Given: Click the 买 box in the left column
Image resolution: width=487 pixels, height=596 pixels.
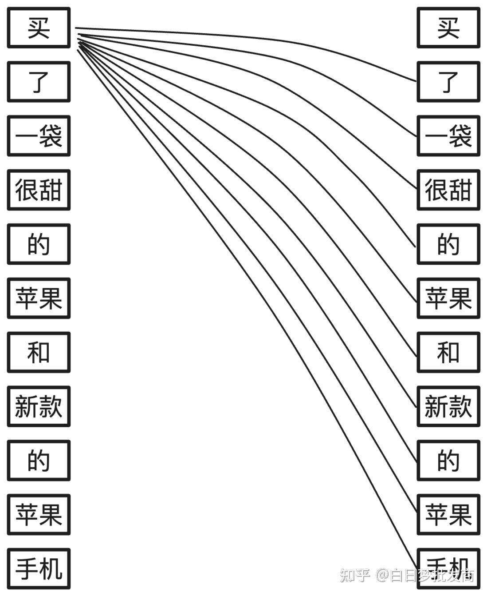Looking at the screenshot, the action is (x=39, y=28).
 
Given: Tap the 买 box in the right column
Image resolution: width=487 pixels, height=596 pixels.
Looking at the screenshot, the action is (x=448, y=28).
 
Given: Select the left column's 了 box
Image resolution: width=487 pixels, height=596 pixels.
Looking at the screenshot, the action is (x=39, y=82).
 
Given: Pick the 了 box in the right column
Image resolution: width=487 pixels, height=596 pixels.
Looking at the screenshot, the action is (x=448, y=82).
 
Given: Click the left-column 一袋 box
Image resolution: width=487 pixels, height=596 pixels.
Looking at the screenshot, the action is (x=39, y=136).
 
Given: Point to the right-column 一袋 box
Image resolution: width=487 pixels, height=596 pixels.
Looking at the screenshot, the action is (x=448, y=136).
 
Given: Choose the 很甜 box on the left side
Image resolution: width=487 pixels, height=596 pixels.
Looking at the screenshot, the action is (x=39, y=190).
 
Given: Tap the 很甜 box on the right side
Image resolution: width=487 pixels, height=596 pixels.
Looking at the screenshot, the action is (x=448, y=190).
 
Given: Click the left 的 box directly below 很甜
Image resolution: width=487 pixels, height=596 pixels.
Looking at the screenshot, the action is (x=39, y=244).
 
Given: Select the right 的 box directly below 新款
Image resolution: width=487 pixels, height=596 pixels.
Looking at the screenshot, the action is (x=448, y=461).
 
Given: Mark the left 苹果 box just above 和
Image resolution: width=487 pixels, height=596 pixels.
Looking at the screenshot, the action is (x=39, y=298).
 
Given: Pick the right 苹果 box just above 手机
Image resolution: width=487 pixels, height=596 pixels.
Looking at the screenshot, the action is (x=448, y=515).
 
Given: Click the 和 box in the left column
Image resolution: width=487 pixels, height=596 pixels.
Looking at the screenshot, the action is (x=39, y=353).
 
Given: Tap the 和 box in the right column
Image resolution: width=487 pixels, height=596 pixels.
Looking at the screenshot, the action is (x=448, y=353).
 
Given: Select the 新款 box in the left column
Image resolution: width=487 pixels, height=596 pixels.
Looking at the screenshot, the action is (x=39, y=406).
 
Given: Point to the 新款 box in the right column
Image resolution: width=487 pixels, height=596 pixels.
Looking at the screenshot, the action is (x=448, y=406).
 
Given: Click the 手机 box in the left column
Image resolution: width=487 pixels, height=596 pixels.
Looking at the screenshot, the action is (x=39, y=569).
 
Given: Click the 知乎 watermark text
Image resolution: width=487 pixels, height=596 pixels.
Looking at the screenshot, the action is (x=355, y=576).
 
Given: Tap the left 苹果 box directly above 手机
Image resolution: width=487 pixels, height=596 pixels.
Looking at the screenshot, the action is (x=39, y=515).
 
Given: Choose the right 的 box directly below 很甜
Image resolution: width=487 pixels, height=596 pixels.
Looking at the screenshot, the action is (x=448, y=244).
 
